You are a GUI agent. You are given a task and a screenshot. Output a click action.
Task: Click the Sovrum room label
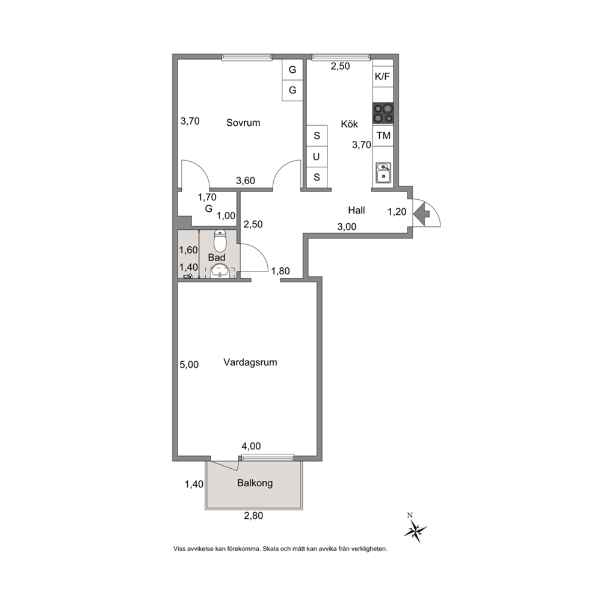(x=243, y=123)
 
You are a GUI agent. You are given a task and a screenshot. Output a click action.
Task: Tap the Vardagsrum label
(x=250, y=362)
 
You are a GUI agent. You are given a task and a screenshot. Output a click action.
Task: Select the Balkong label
(x=255, y=483)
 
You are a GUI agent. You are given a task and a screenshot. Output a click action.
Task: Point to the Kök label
(x=349, y=124)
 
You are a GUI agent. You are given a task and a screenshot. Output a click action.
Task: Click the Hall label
(x=356, y=210)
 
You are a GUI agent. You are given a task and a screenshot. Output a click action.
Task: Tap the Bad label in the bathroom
(x=216, y=258)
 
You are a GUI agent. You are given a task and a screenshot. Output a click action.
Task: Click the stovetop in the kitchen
(x=383, y=114)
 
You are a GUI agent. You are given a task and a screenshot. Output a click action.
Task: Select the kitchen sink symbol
(x=383, y=173)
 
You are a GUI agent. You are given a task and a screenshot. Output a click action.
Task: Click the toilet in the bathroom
(x=220, y=241)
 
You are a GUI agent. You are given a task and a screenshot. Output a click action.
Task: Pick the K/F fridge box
(x=383, y=77)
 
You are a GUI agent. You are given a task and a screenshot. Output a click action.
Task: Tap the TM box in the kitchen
(x=383, y=135)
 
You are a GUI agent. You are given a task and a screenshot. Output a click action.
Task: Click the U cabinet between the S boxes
(x=317, y=156)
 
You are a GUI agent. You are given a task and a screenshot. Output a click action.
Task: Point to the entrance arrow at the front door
(x=421, y=214)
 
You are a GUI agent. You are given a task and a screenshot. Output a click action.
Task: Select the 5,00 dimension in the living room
(x=189, y=365)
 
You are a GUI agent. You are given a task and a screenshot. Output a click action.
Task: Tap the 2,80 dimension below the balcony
(x=253, y=516)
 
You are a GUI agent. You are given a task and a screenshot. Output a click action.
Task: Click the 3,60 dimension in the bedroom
(x=246, y=181)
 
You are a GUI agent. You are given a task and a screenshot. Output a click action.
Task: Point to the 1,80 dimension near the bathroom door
(x=280, y=271)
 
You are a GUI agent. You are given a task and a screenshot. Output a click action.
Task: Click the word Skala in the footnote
(x=271, y=549)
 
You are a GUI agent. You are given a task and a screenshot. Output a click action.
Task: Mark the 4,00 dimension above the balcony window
(x=252, y=446)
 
